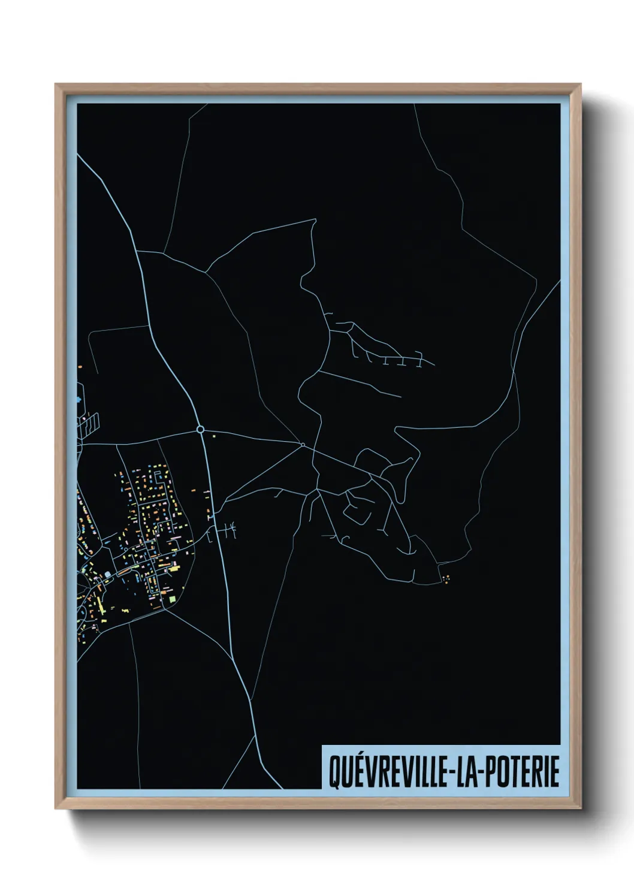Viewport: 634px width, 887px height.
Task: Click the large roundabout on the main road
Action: (x=200, y=429)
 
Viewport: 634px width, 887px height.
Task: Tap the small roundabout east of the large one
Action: (x=303, y=445)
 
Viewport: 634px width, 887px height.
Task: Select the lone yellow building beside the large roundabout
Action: (x=213, y=436)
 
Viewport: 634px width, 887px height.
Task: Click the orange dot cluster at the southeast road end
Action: (x=446, y=578)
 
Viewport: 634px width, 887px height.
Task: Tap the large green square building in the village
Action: (x=173, y=599)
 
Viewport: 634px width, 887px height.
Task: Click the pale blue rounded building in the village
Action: (x=108, y=574)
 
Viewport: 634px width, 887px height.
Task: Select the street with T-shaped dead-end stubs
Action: (x=384, y=354)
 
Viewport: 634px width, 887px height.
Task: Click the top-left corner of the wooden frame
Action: (x=56, y=84)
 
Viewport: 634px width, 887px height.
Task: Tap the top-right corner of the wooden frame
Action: (x=581, y=84)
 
